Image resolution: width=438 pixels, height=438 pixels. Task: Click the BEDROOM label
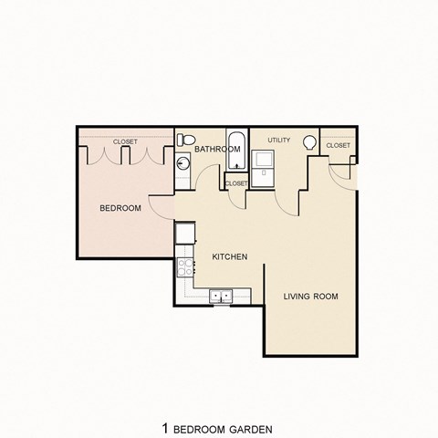pyautogui.click(x=120, y=208)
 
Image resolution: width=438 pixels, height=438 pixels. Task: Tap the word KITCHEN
pyautogui.click(x=230, y=256)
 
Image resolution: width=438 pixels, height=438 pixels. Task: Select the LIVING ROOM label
pyautogui.click(x=310, y=296)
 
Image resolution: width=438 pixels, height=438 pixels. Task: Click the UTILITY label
pyautogui.click(x=278, y=140)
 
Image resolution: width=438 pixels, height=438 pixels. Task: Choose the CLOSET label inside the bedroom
pyautogui.click(x=125, y=141)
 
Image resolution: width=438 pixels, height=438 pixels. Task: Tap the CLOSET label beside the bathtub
pyautogui.click(x=236, y=183)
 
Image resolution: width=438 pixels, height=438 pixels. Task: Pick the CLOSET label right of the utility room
pyautogui.click(x=338, y=145)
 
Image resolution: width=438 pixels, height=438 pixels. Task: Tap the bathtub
pyautogui.click(x=236, y=151)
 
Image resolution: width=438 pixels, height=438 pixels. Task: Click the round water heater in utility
pyautogui.click(x=311, y=143)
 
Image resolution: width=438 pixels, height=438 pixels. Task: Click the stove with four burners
pyautogui.click(x=185, y=267)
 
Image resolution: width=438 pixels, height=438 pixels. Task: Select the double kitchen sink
pyautogui.click(x=220, y=296)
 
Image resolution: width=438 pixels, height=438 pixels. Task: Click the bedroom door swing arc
pyautogui.click(x=161, y=208)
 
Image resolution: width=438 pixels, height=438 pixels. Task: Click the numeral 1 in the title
pyautogui.click(x=165, y=402)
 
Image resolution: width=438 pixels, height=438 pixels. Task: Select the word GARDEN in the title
pyautogui.click(x=250, y=402)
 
